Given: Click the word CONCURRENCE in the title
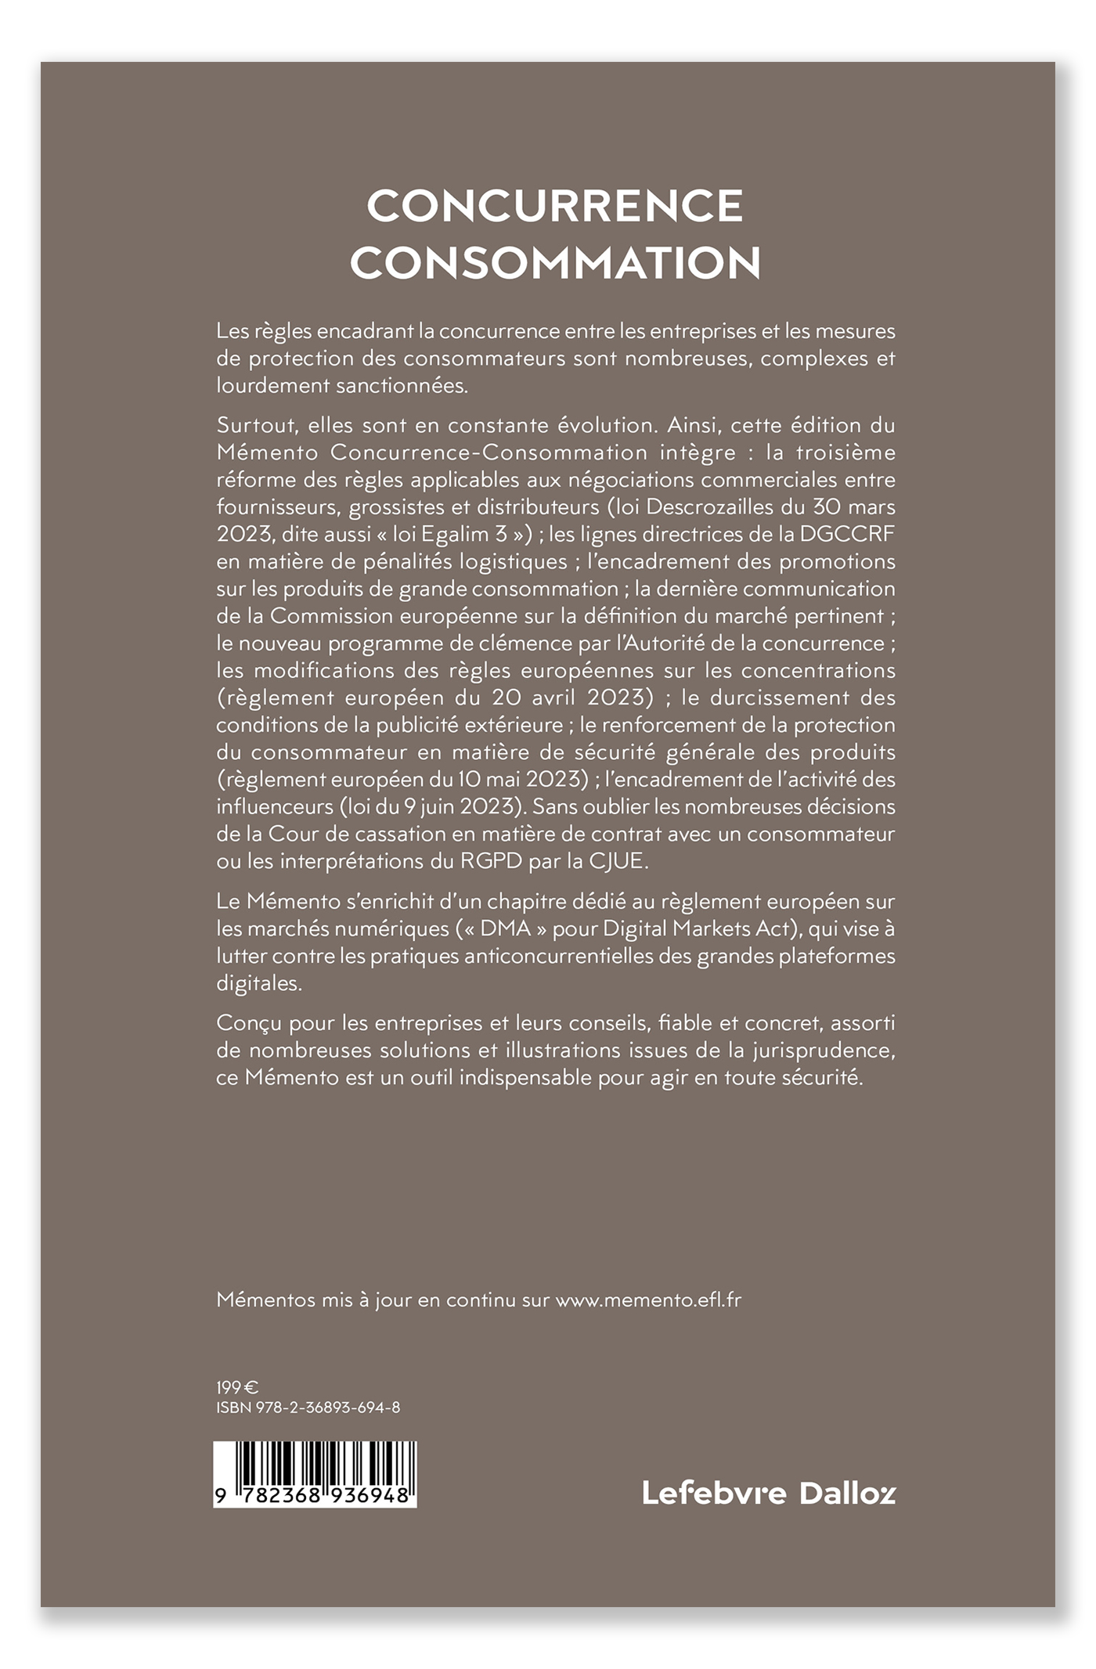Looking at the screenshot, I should pos(555,206).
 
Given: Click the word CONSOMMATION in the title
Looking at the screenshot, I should pos(555,264).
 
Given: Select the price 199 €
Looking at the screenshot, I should pos(237,1388).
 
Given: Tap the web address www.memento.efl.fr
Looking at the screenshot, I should pos(648,1300).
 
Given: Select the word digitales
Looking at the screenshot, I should pos(259,983).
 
